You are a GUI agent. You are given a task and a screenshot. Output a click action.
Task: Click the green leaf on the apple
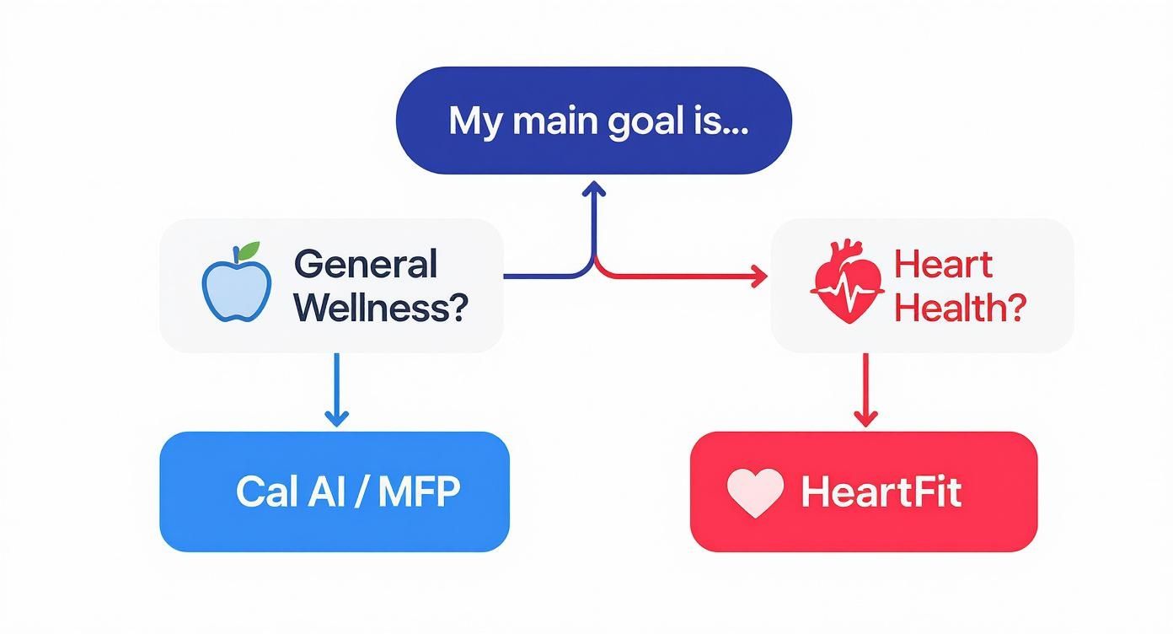pos(249,251)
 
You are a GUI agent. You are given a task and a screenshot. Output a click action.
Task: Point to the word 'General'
pos(366,265)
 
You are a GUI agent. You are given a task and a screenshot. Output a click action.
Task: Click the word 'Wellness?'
pos(381,309)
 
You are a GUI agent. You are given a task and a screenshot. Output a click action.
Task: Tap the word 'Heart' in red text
pos(944,265)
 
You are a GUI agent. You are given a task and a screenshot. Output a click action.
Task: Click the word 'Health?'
pos(960,309)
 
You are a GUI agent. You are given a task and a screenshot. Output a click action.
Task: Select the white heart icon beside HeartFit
pos(755,492)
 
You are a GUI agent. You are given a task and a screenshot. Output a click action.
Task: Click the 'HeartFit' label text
pos(881,492)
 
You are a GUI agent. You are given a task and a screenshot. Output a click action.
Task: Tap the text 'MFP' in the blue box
pos(419,492)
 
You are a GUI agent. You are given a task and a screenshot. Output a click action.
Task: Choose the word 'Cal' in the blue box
pos(265,492)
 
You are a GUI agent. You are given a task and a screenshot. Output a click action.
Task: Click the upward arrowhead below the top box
pos(595,189)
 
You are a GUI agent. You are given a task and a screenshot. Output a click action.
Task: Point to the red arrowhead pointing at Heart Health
pos(759,276)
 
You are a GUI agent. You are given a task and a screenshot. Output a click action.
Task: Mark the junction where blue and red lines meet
pos(595,261)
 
